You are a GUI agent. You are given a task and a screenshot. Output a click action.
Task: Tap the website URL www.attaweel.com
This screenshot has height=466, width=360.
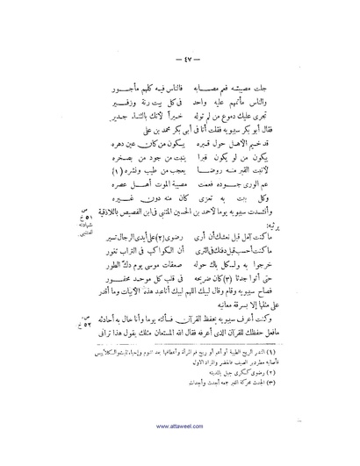[x=180, y=448]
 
